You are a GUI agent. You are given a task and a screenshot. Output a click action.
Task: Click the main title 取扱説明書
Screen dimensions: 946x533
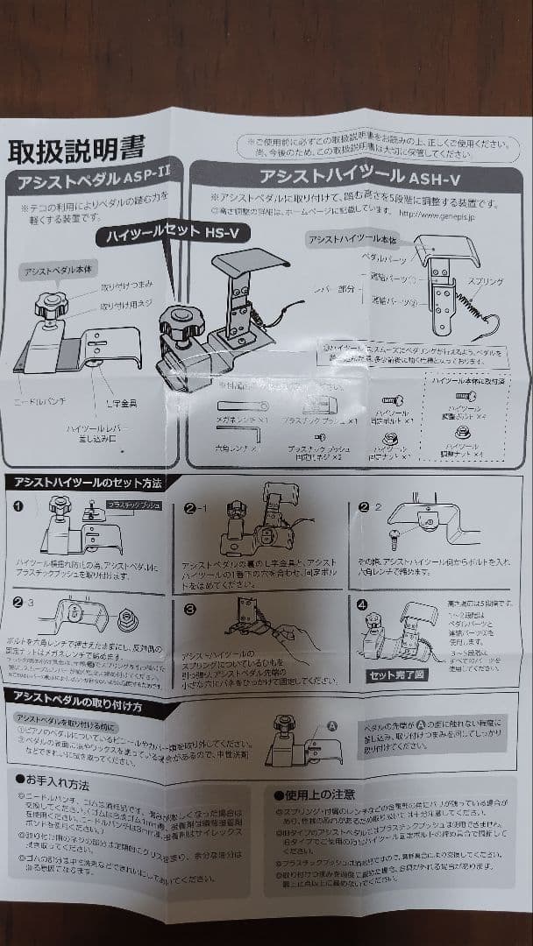click(x=76, y=150)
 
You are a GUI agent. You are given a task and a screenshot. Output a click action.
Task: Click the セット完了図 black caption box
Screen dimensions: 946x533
click(x=397, y=675)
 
